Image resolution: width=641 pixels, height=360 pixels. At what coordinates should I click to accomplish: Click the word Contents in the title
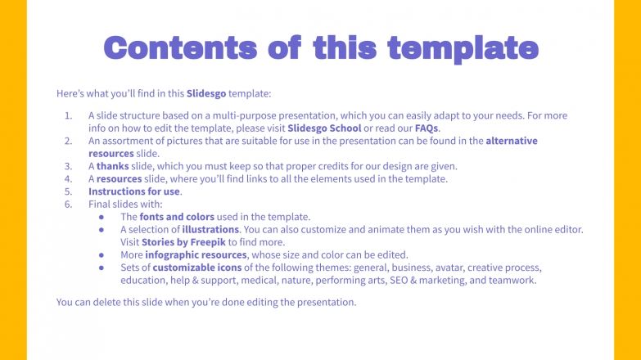[x=180, y=47]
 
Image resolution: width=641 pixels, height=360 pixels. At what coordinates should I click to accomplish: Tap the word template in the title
[x=463, y=49]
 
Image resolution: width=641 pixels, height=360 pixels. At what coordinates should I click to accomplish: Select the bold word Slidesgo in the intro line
[x=206, y=93]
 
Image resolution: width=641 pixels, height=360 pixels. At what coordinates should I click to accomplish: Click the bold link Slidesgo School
[x=324, y=128]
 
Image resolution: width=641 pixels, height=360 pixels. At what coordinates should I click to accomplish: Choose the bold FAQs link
[x=427, y=128]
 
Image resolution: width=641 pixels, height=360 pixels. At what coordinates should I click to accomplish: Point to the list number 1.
[x=68, y=115]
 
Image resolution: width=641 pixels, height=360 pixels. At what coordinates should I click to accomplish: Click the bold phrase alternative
[x=512, y=141]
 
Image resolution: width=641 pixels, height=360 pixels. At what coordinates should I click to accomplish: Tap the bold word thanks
[x=112, y=166]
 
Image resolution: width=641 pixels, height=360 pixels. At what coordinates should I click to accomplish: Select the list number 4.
[x=68, y=179]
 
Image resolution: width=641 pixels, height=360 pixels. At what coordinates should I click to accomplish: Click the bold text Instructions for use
[x=134, y=191]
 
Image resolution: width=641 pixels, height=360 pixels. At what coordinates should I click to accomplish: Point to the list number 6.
[x=68, y=205]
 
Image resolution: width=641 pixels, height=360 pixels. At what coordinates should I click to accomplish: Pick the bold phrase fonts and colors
[x=177, y=217]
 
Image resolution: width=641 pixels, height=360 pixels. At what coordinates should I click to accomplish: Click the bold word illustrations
[x=210, y=230]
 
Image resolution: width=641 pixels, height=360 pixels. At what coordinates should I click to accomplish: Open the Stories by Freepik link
[x=183, y=242]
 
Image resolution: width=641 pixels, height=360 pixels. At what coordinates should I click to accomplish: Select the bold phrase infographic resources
[x=196, y=255]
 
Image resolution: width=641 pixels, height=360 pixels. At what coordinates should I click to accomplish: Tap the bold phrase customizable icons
[x=197, y=268]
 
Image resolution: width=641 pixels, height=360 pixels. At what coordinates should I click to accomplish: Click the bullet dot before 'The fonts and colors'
[x=102, y=217]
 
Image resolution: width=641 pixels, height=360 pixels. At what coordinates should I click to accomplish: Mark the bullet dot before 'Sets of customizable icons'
[x=102, y=268]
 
